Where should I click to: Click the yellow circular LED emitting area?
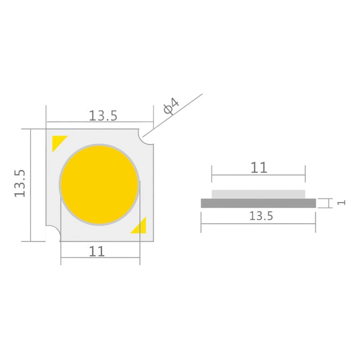99,184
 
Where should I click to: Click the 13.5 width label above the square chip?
103,116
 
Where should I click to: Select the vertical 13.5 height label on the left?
21,183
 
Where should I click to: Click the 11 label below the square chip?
97,252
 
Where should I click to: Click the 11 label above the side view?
259,168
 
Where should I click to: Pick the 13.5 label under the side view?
261,216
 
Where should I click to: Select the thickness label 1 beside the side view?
341,202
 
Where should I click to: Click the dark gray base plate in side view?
258,203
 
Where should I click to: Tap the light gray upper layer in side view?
258,194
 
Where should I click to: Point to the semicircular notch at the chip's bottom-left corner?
53,234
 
